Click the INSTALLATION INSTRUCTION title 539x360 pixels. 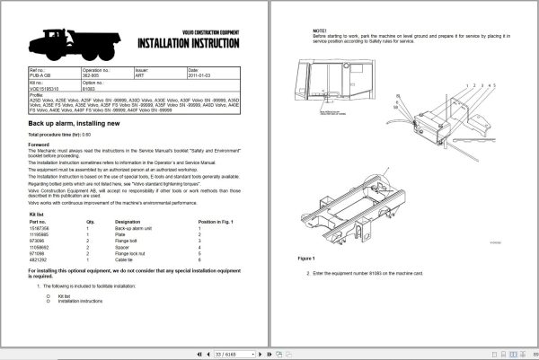point(189,44)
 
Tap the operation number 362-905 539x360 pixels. point(93,77)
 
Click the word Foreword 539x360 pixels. point(39,144)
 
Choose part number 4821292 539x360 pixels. point(40,260)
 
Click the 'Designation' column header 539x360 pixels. point(128,221)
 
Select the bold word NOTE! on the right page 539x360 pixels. point(319,31)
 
